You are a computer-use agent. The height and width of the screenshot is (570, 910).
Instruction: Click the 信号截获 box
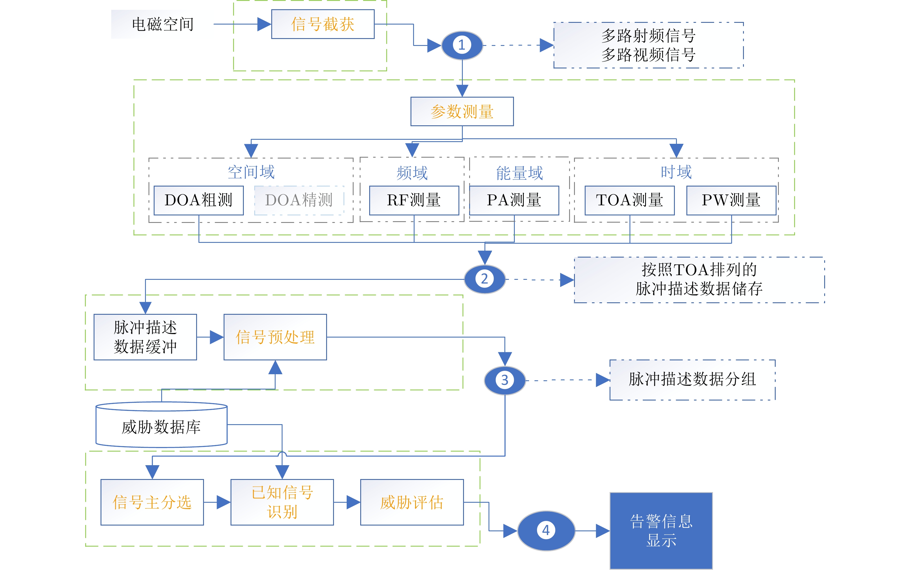tap(323, 24)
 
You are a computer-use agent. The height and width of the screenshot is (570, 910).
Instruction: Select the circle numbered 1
tap(462, 45)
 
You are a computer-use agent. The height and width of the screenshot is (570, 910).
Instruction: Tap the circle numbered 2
tap(484, 279)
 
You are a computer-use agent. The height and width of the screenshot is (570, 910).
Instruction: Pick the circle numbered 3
tap(505, 380)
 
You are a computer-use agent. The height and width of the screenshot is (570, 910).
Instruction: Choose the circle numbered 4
tap(546, 530)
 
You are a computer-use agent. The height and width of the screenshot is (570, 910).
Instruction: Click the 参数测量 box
tap(462, 111)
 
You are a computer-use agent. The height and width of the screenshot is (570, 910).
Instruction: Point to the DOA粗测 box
tap(199, 200)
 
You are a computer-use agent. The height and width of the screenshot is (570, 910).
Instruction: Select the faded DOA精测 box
tap(299, 200)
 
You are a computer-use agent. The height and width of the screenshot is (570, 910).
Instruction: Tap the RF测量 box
tap(414, 200)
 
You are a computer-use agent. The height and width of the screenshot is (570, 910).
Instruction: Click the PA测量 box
tap(514, 200)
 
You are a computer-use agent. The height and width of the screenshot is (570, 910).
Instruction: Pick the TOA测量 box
tap(629, 200)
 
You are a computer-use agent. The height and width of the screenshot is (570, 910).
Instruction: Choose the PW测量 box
tap(731, 200)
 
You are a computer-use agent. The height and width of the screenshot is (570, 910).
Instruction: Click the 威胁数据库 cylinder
tap(161, 427)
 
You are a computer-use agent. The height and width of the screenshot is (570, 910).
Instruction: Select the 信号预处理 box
tap(275, 337)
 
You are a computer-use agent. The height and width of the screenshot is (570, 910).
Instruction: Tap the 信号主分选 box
tap(152, 502)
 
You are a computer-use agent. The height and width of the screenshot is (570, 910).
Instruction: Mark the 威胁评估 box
tap(412, 502)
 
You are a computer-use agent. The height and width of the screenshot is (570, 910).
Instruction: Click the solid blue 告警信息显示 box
tap(661, 530)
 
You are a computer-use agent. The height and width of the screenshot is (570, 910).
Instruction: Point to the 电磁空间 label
tap(163, 24)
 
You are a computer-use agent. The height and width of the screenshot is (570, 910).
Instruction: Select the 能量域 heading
tap(519, 173)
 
